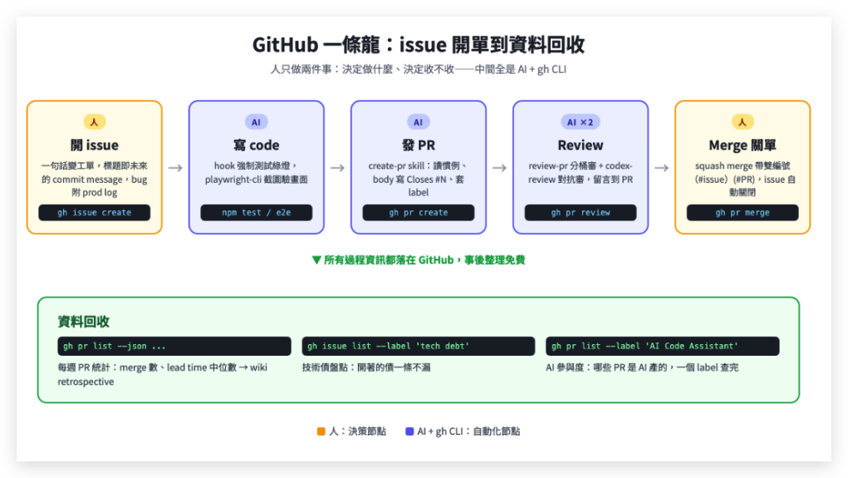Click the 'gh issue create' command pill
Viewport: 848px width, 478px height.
coord(94,213)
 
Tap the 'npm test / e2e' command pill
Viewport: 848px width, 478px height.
coord(257,213)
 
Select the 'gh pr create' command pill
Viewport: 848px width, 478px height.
coord(418,213)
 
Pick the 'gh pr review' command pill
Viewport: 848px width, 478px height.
coord(581,213)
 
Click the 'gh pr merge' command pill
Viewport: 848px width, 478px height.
coord(743,213)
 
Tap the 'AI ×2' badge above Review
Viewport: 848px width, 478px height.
coord(581,122)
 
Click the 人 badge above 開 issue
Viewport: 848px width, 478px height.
coord(94,122)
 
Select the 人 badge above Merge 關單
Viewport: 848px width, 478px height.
coord(743,122)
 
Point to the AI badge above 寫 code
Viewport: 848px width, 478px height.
coord(257,122)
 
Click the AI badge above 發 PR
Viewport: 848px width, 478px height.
coord(418,122)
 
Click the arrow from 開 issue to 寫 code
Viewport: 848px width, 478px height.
coord(175,168)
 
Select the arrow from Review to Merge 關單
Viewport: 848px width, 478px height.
coord(661,168)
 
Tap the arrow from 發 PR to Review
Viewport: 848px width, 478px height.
coord(499,168)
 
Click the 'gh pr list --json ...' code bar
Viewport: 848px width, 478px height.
coord(174,346)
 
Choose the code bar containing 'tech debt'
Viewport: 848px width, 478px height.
coord(419,346)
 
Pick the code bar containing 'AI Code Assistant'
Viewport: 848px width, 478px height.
coord(663,346)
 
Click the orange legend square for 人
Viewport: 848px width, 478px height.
coord(321,431)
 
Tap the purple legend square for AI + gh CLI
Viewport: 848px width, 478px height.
coord(409,431)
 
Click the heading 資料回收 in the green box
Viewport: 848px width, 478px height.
coord(84,322)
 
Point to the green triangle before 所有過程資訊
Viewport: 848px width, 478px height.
coord(317,260)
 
